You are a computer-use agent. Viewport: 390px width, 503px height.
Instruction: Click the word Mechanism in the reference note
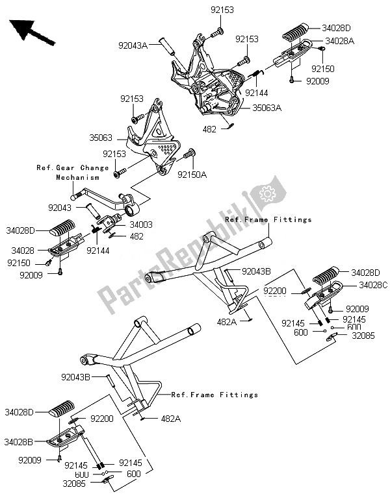[77, 177]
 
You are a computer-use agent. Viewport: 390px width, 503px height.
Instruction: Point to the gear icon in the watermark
[266, 192]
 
